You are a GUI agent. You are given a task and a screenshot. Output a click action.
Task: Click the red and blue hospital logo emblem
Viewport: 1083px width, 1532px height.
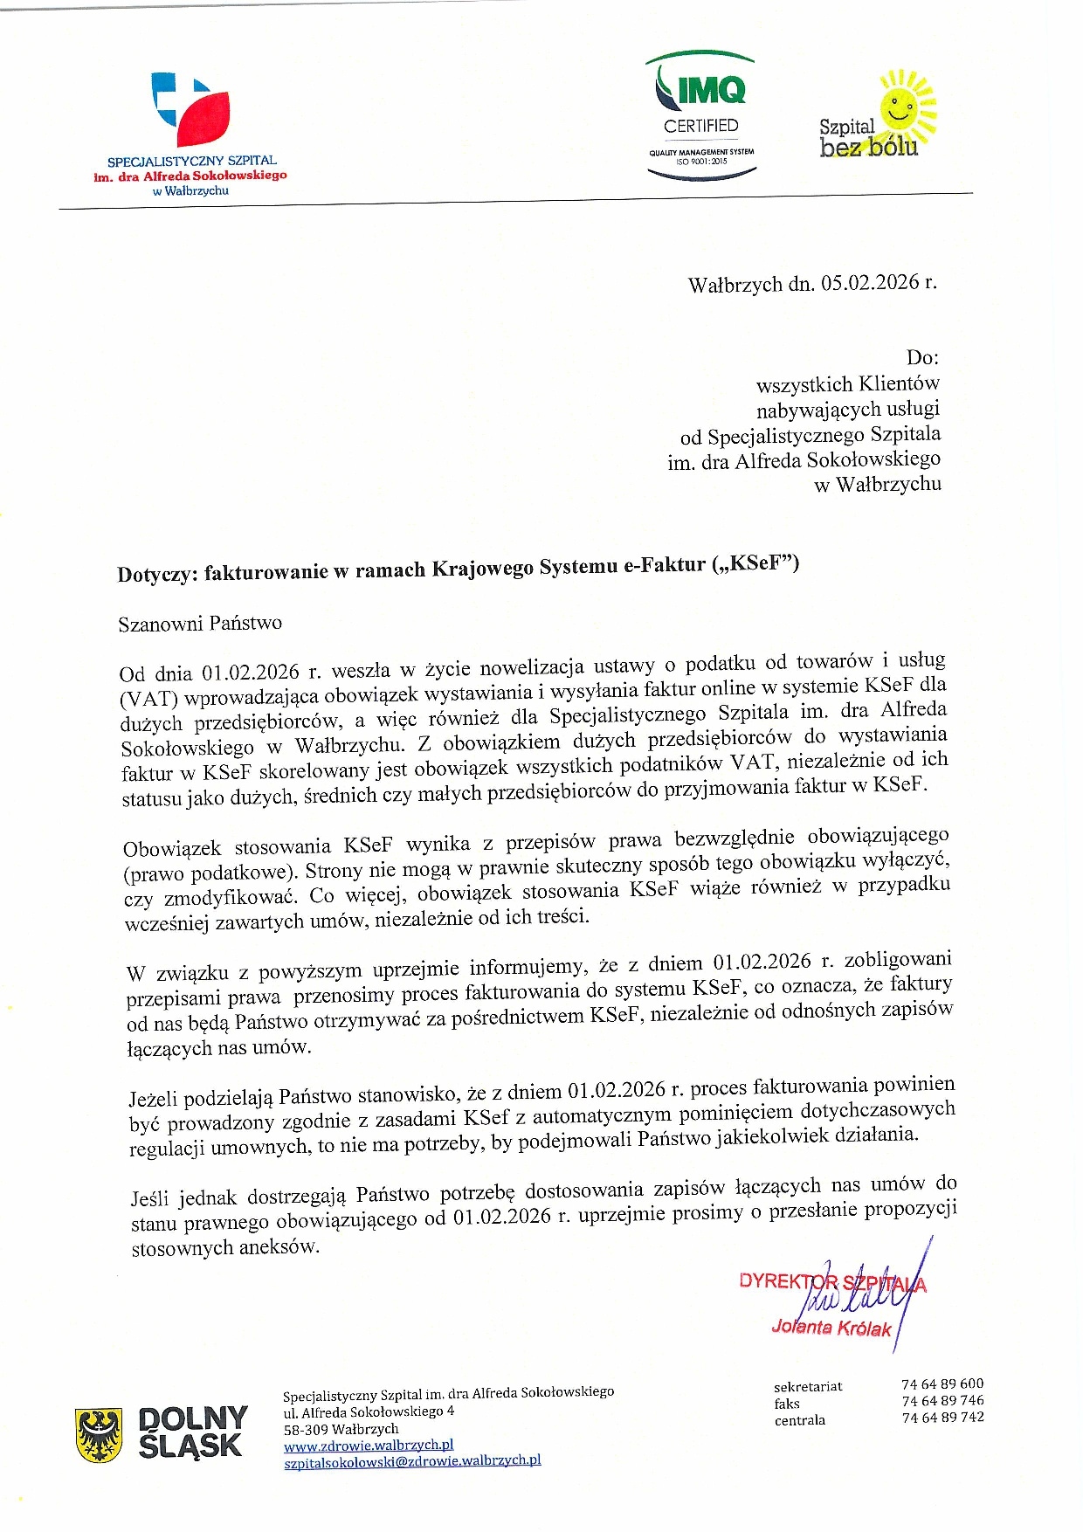coord(191,109)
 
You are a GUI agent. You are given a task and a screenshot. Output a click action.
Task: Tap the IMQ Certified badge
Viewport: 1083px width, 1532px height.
coord(701,115)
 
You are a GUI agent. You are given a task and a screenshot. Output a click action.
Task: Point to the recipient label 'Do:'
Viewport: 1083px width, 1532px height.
coord(922,357)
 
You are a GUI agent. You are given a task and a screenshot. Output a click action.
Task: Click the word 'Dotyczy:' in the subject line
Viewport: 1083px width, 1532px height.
coord(158,574)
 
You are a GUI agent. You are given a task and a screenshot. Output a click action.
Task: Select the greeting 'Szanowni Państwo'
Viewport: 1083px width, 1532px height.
coord(200,624)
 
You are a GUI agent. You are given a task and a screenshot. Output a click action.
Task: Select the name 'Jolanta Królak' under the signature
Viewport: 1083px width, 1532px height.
coord(831,1328)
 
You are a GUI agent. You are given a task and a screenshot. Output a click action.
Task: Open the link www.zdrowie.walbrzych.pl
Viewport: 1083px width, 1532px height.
coord(369,1446)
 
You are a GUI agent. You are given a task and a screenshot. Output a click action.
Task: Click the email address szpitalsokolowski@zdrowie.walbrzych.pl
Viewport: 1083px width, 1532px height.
coord(412,1460)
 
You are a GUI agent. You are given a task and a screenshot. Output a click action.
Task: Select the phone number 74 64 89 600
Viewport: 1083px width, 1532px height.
coord(942,1384)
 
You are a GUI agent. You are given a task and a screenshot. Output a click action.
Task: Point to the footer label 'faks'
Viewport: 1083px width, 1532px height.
coord(787,1404)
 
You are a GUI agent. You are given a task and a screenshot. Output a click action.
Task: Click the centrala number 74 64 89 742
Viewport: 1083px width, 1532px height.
coord(942,1417)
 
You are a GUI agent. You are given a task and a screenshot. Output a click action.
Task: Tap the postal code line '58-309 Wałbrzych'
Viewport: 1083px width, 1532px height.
coord(341,1429)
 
